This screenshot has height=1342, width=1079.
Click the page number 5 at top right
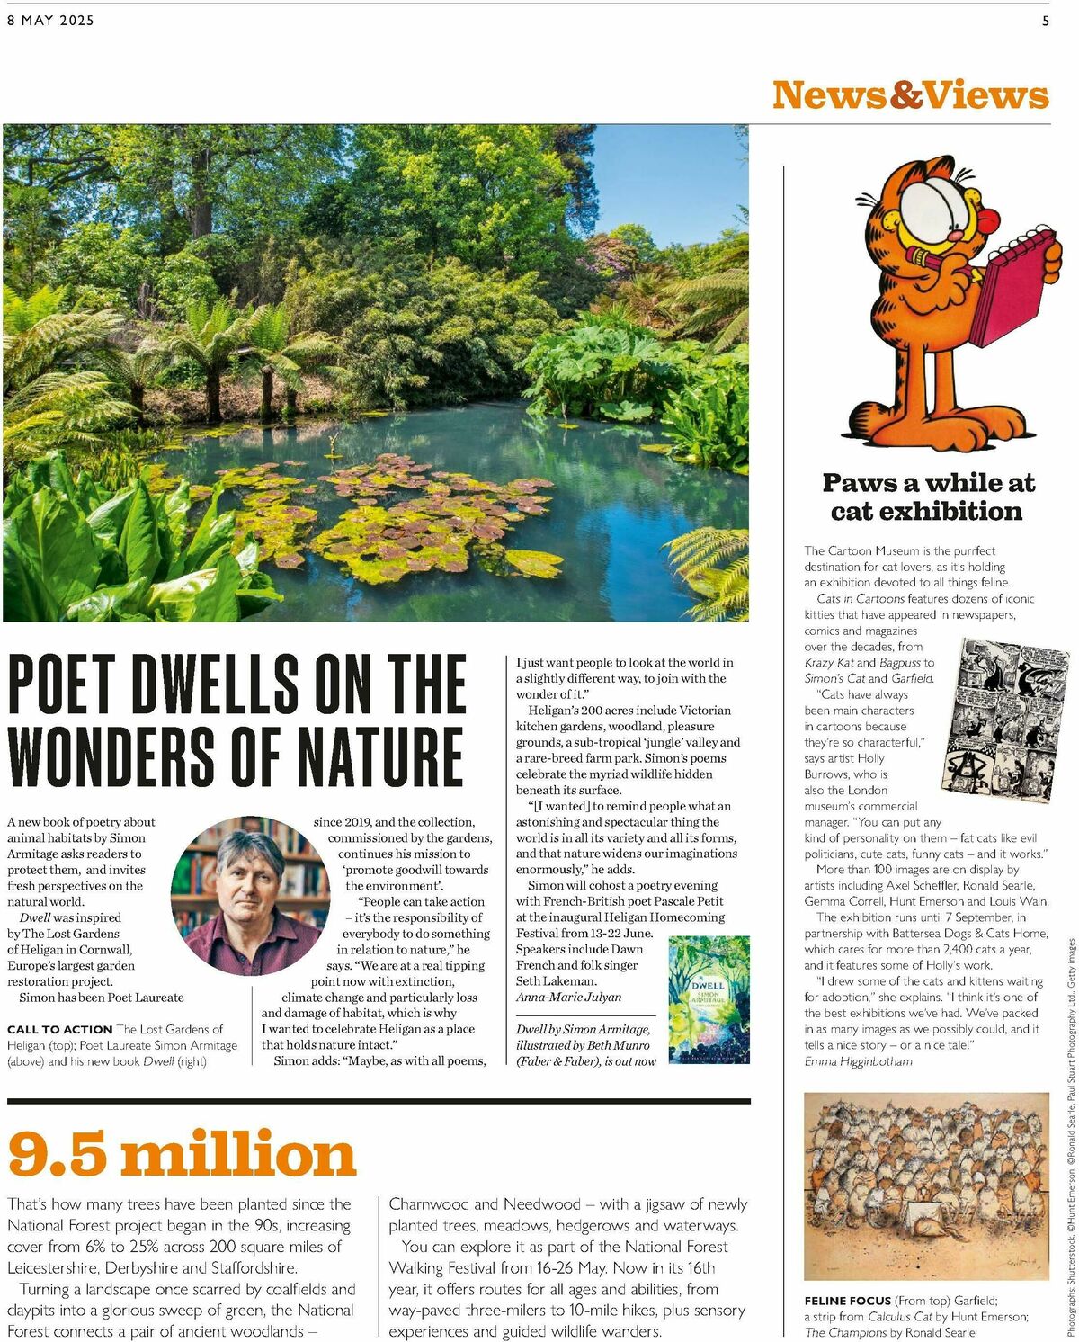1045,21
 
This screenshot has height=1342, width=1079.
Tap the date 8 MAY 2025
50,21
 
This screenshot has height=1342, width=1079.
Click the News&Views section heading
910,95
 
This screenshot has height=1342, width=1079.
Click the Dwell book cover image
709,999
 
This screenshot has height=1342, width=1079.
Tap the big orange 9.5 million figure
183,1154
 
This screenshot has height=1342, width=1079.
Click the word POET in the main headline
60,684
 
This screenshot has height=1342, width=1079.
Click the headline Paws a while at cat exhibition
928,497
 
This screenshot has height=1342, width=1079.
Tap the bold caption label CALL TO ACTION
59,1029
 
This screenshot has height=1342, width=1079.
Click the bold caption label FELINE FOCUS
848,1300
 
